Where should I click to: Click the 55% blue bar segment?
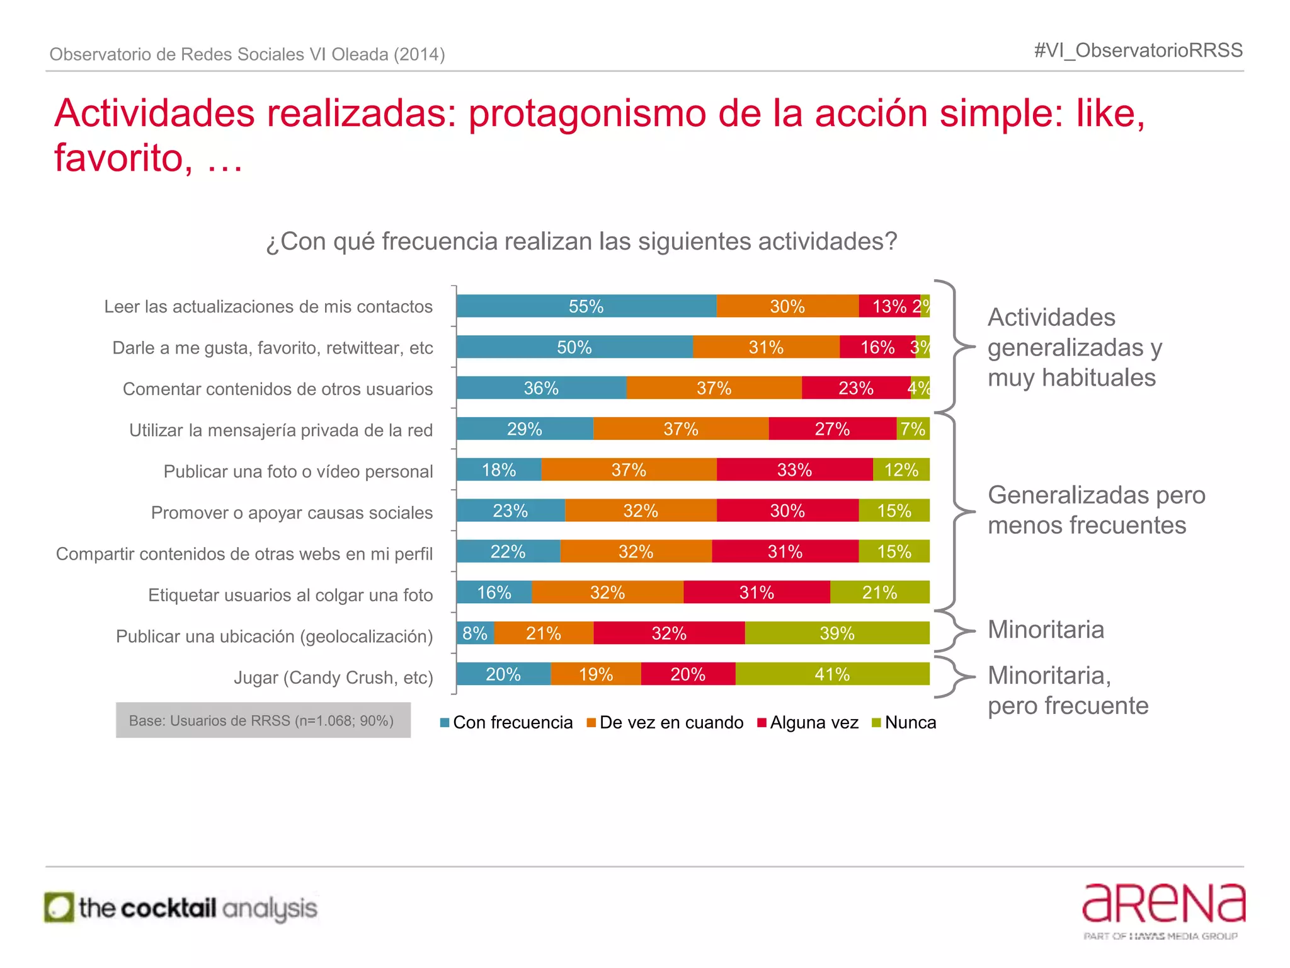tap(586, 306)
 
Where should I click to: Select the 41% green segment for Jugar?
tap(832, 674)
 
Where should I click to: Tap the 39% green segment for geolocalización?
tap(836, 633)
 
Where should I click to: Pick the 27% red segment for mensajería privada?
tap(832, 429)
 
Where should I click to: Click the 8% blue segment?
tap(475, 633)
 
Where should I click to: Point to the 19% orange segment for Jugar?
tap(595, 674)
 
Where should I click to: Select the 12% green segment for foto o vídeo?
tap(901, 470)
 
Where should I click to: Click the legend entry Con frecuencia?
tap(506, 723)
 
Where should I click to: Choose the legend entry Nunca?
tap(904, 723)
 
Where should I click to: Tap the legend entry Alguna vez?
tap(808, 723)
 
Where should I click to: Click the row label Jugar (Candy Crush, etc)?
tap(333, 678)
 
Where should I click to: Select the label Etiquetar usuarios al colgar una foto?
tap(290, 596)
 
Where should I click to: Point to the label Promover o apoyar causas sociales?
tap(292, 513)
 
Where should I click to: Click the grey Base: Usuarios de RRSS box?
tap(263, 720)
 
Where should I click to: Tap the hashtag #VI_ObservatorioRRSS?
tap(1138, 50)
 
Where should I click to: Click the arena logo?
tap(1163, 904)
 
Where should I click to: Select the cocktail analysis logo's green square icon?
tap(59, 908)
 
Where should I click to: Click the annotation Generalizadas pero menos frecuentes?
tap(1095, 510)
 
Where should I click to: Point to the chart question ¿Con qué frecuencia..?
tap(581, 241)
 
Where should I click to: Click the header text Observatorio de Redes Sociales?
tap(247, 55)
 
